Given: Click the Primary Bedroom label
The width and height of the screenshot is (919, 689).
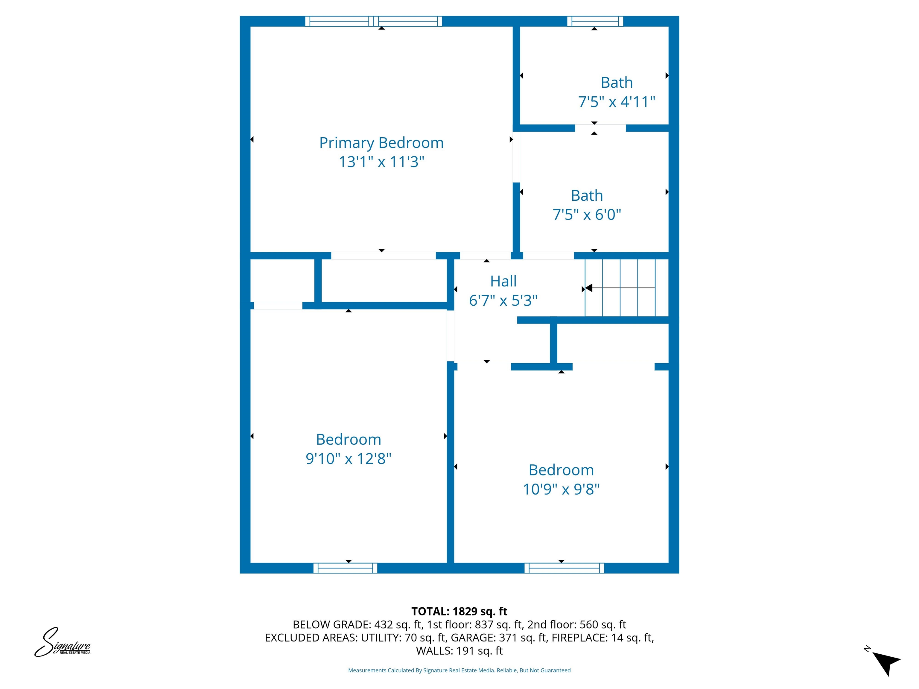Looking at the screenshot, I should (x=381, y=143).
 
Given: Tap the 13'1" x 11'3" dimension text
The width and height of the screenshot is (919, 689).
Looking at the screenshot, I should (x=381, y=162).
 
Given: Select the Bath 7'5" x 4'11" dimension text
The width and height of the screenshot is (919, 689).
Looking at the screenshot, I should (x=617, y=102).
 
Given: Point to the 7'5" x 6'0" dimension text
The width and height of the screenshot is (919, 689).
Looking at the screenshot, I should (x=587, y=215).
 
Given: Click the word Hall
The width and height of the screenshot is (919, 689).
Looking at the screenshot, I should (x=503, y=281).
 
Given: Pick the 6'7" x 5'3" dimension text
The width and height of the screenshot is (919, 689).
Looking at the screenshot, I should (x=503, y=300).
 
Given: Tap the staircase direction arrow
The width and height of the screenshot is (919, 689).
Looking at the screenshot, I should (x=619, y=288).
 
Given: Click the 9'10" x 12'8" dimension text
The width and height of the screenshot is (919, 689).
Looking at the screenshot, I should (x=348, y=458).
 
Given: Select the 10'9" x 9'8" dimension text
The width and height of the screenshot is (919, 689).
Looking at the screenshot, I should (x=561, y=489).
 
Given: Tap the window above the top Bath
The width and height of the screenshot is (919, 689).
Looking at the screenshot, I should (x=595, y=21).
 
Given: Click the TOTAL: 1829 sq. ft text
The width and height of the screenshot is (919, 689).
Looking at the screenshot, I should (x=459, y=611).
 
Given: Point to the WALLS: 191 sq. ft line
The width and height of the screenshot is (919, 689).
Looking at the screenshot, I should (x=459, y=651).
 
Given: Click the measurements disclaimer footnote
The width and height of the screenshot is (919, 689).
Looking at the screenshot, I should (x=459, y=670).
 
